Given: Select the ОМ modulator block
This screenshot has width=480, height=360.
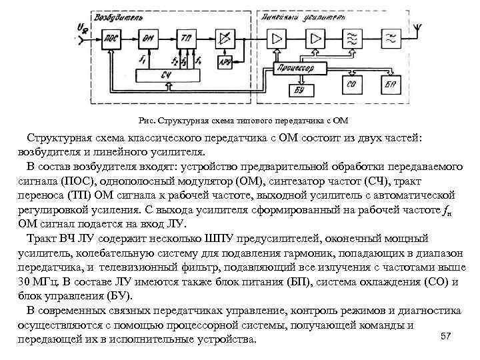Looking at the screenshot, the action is tap(148, 39).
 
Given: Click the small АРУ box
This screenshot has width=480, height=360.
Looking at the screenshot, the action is tap(225, 63).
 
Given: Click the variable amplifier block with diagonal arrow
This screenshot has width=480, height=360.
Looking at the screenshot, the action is tap(225, 38).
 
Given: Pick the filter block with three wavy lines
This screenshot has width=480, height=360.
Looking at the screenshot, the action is tap(351, 38).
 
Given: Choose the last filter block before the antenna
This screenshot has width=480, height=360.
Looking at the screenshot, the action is tap(389, 38).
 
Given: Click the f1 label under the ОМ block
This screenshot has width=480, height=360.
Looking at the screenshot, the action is tap(142, 60).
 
